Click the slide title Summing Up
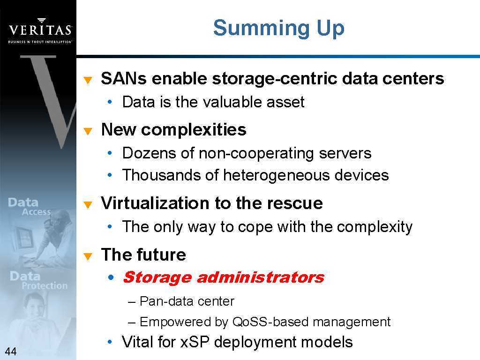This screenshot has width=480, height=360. (278, 28)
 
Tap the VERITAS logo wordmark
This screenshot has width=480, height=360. (40, 30)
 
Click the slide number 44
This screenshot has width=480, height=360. (11, 352)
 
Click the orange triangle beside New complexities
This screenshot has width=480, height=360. (88, 131)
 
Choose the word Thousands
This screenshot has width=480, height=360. (161, 175)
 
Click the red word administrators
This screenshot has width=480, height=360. (261, 277)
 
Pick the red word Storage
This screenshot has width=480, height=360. (157, 278)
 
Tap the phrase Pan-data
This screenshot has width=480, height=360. (167, 301)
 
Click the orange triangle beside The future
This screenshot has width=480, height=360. (88, 256)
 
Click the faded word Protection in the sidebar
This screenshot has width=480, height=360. (45, 286)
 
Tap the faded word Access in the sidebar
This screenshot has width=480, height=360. (36, 212)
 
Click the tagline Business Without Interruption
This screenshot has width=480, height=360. (40, 42)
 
